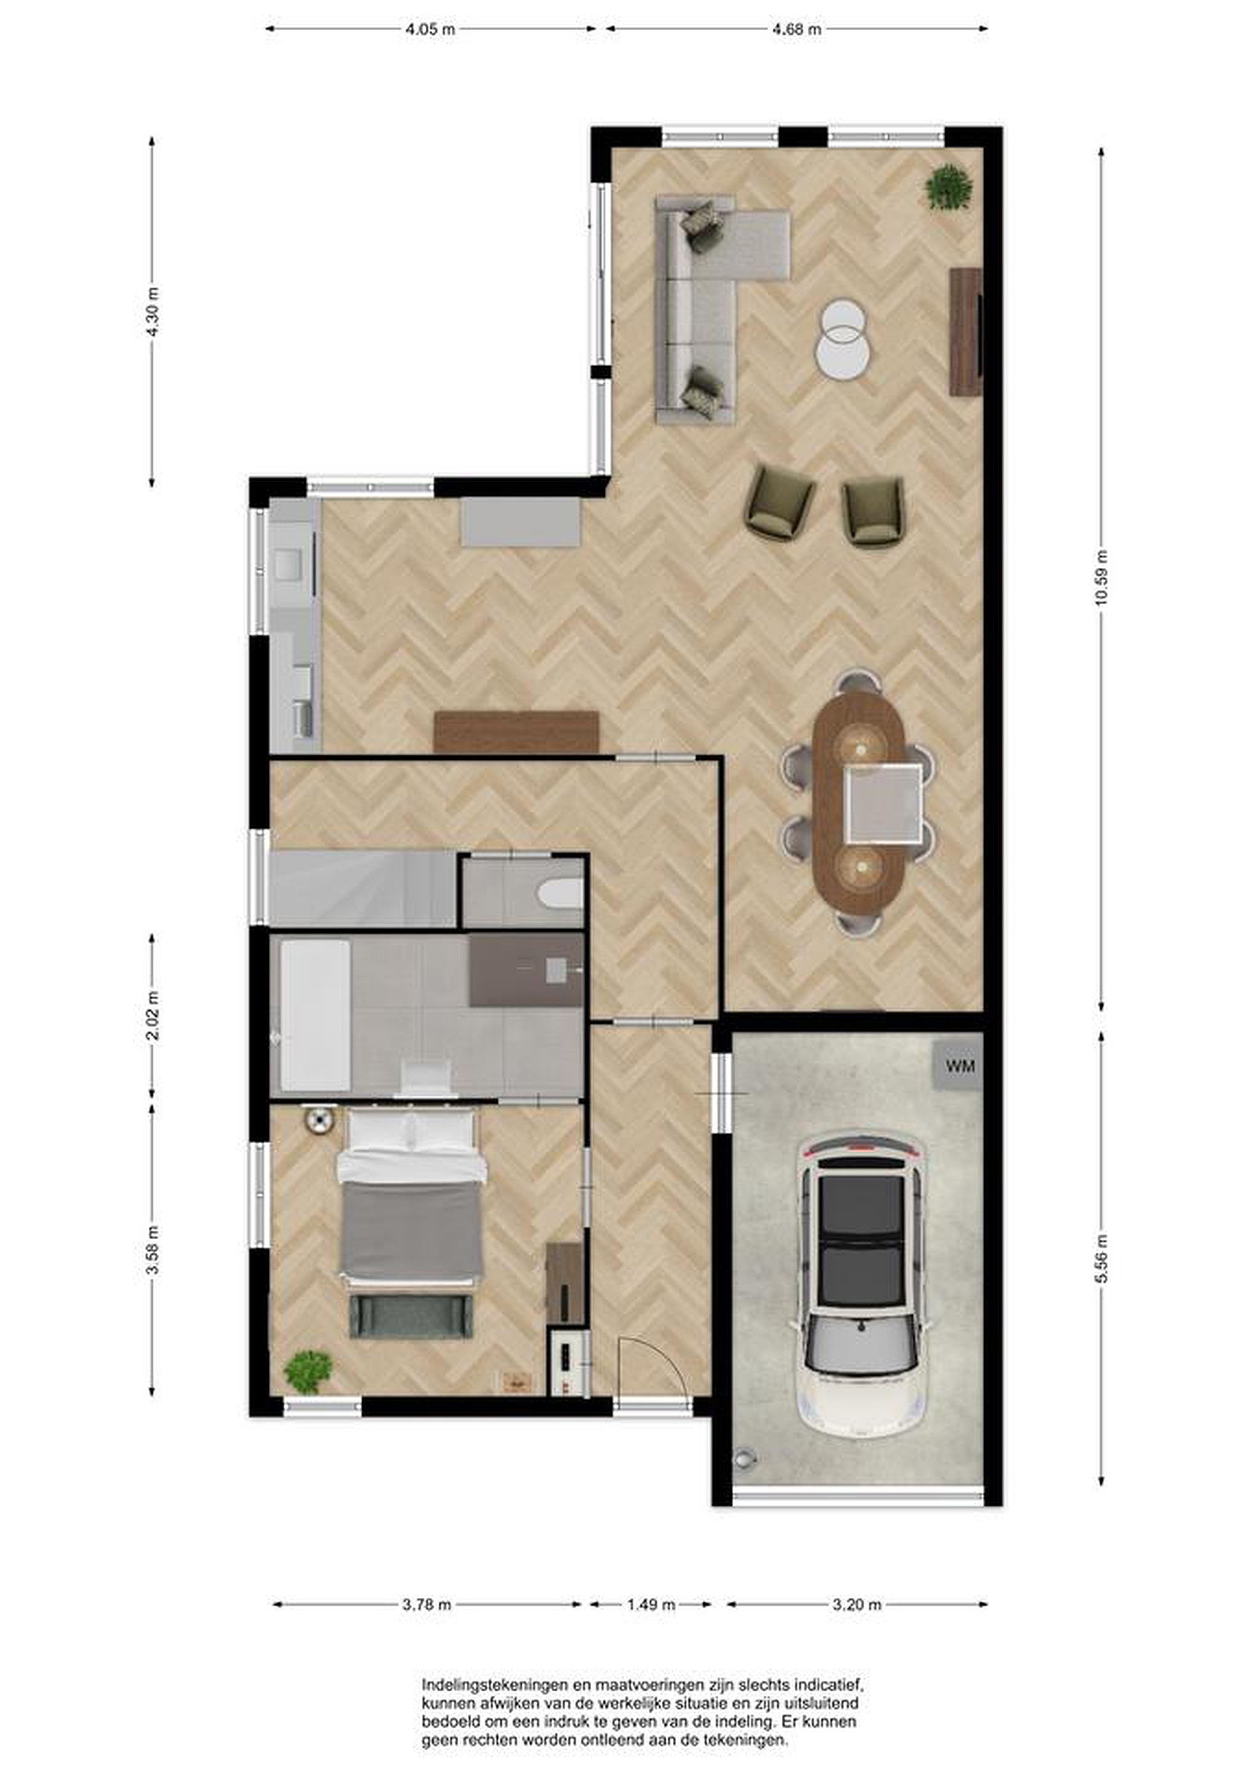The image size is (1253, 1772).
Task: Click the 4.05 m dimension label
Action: [431, 30]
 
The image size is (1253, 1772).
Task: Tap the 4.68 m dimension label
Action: [797, 30]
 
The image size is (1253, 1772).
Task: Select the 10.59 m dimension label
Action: [1101, 577]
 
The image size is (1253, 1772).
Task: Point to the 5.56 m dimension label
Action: [1101, 1259]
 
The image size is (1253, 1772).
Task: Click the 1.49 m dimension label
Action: [650, 1605]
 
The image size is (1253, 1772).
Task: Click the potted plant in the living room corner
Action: [949, 188]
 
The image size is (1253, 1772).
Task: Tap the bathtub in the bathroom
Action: [315, 1014]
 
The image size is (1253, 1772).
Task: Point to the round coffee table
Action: [843, 340]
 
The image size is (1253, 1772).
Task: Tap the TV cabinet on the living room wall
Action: [965, 332]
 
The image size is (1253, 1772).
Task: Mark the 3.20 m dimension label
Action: [856, 1605]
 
